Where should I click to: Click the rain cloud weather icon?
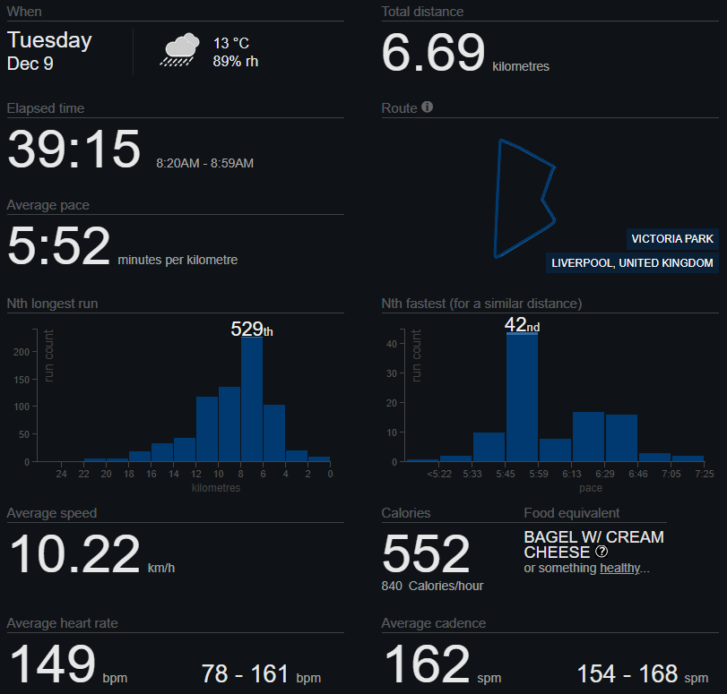coord(179,49)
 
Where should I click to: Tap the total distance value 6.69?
coord(433,54)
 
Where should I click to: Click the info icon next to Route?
coord(428,107)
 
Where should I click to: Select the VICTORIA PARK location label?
coord(672,239)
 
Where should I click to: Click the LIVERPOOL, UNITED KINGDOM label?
coord(633,263)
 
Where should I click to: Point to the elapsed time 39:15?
coord(74,150)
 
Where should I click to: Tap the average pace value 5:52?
coord(59,246)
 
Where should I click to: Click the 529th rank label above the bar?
coord(251,330)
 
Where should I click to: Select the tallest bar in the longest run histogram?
coord(252,398)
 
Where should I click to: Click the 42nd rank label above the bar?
coord(522,326)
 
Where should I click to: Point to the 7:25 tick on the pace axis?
coord(704,474)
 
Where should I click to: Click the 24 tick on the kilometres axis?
coord(61,474)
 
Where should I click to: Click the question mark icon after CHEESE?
coord(602,553)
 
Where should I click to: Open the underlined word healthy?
coord(620,569)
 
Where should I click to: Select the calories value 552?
coord(426,553)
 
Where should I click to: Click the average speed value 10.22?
coord(75,554)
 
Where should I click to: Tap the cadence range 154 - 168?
coord(627,674)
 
